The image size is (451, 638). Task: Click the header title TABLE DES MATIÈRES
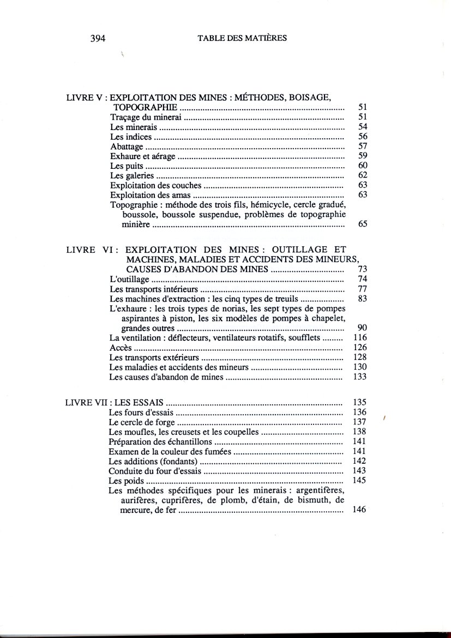click(242, 38)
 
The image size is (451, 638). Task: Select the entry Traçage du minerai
click(144, 117)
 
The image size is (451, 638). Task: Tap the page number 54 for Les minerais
click(363, 127)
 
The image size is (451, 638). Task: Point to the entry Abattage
click(127, 146)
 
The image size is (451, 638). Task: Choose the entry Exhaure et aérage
click(143, 156)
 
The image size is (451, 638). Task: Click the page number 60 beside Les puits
click(363, 166)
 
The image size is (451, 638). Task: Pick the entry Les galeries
click(132, 175)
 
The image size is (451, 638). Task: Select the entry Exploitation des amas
click(151, 195)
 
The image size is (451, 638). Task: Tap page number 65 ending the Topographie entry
click(363, 224)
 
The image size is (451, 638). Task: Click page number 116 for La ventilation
click(360, 338)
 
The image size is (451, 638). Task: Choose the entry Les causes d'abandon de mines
click(166, 377)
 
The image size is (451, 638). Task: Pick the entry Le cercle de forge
click(142, 422)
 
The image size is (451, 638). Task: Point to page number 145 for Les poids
click(359, 481)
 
